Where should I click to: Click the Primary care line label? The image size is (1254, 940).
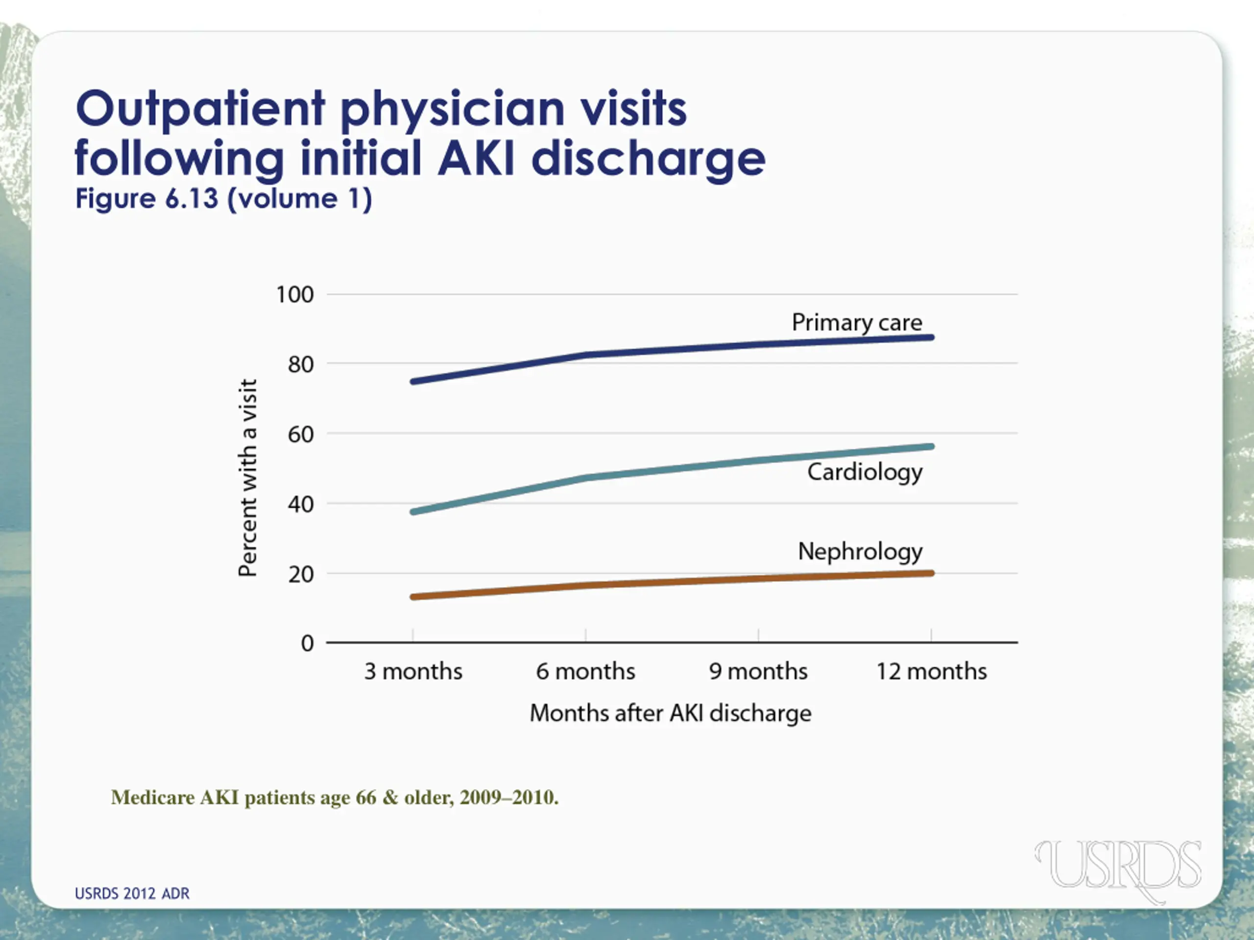point(857,323)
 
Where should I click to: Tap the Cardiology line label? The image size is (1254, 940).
point(865,472)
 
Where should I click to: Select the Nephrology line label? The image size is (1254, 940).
point(860,551)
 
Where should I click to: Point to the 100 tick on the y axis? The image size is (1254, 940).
point(294,295)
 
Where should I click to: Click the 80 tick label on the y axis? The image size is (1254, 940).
point(300,364)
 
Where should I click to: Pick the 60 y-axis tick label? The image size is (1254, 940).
point(300,435)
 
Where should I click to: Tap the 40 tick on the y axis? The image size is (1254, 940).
point(300,504)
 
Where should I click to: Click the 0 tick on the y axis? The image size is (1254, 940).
point(307,644)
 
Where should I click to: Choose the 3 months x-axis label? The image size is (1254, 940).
point(413,671)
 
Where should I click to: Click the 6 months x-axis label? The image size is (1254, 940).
point(586,671)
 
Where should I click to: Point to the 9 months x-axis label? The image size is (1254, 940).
point(758,671)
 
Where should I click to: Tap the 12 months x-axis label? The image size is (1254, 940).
point(931,671)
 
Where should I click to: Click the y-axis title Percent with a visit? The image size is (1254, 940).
point(248,478)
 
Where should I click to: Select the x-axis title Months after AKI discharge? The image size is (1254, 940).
point(670,713)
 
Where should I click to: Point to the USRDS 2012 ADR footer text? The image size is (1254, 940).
point(132,893)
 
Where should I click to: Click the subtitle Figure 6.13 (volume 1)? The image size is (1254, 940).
point(224,199)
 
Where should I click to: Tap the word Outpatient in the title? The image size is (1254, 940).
point(201,108)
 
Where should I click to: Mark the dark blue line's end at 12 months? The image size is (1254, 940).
point(931,338)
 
